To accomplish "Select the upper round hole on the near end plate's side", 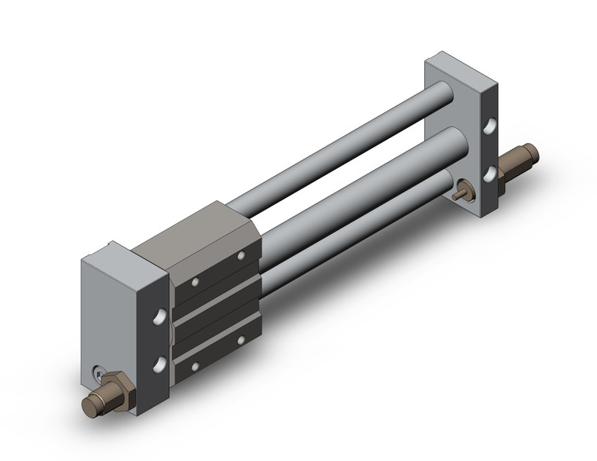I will click(x=161, y=316).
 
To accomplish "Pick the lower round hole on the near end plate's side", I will click(x=161, y=363).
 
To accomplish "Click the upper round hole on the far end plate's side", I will click(x=490, y=125).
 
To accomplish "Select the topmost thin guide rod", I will click(x=346, y=145).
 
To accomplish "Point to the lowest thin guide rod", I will click(x=353, y=236).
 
